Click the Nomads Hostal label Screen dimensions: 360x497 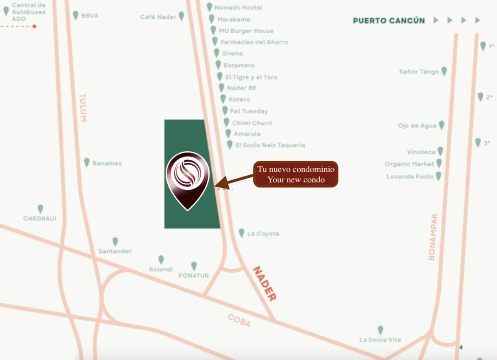pyautogui.click(x=238, y=7)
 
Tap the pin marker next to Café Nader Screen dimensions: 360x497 pyautogui.click(x=181, y=16)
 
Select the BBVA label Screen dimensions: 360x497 pyautogui.click(x=90, y=16)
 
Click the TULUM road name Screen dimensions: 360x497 pyautogui.click(x=83, y=107)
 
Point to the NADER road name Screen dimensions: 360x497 pyautogui.click(x=264, y=283)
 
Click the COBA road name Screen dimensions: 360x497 pyautogui.click(x=239, y=320)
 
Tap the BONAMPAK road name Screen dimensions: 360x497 pyautogui.click(x=432, y=237)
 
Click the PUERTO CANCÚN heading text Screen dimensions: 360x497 pyautogui.click(x=388, y=21)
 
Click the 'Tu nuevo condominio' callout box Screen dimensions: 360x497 pyautogui.click(x=296, y=174)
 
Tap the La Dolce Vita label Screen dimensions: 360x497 pyautogui.click(x=380, y=340)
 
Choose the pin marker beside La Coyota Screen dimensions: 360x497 pyautogui.click(x=241, y=233)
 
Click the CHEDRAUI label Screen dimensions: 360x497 pyautogui.click(x=40, y=218)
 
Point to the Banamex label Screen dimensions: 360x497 pyautogui.click(x=107, y=163)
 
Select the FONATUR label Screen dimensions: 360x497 pyautogui.click(x=194, y=275)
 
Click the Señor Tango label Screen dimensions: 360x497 pyautogui.click(x=419, y=72)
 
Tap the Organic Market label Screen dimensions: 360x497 pyautogui.click(x=409, y=164)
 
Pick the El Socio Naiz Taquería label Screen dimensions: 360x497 pyautogui.click(x=270, y=145)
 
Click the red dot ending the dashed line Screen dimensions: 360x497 pyautogui.click(x=34, y=26)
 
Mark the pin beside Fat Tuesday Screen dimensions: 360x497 pyautogui.click(x=225, y=110)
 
